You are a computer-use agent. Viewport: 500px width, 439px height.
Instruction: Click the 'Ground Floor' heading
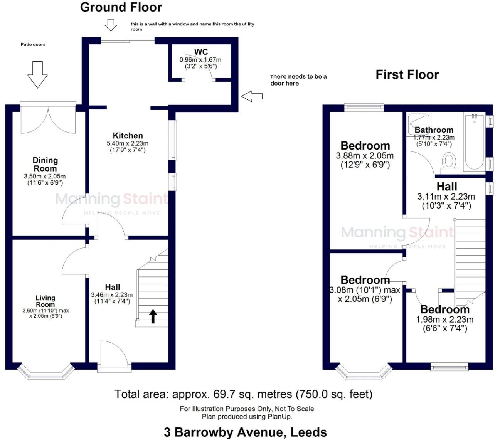pyautogui.click(x=121, y=7)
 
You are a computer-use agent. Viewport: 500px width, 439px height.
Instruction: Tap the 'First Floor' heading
pyautogui.click(x=407, y=74)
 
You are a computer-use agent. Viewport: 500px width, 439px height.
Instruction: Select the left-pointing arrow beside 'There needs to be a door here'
pyautogui.click(x=252, y=96)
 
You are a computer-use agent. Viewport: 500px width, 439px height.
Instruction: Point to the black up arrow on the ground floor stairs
pyautogui.click(x=153, y=316)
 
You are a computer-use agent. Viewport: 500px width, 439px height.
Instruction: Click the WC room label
pyautogui.click(x=201, y=52)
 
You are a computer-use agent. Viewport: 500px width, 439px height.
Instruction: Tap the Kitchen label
pyautogui.click(x=128, y=136)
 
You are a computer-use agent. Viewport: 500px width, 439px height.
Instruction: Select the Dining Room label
pyautogui.click(x=45, y=164)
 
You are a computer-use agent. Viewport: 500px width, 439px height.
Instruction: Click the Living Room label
pyautogui.click(x=45, y=301)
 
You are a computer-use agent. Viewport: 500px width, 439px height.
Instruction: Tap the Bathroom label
pyautogui.click(x=434, y=130)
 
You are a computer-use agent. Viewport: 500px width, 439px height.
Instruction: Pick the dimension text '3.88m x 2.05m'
pyautogui.click(x=365, y=156)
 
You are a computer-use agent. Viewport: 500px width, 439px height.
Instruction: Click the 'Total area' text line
pyautogui.click(x=243, y=394)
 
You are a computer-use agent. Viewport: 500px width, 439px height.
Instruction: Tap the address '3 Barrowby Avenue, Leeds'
pyautogui.click(x=245, y=432)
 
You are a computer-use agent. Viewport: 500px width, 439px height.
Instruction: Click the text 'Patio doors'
pyautogui.click(x=33, y=45)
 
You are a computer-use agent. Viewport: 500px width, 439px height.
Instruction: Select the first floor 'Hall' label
pyautogui.click(x=447, y=187)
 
